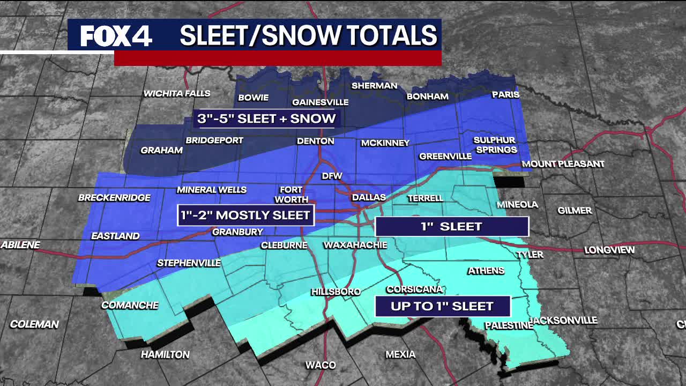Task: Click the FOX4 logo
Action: (116, 36)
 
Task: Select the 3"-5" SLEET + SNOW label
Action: (266, 119)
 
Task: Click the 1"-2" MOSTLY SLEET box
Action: (245, 216)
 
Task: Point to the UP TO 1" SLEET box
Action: (442, 307)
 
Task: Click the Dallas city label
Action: (369, 197)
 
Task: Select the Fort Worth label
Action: (292, 194)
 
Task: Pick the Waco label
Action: (320, 365)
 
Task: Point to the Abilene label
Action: (20, 245)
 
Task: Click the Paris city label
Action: (505, 95)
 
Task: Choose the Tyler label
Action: (530, 255)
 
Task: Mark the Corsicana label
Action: (415, 289)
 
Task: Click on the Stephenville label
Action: (189, 263)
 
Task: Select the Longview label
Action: (609, 250)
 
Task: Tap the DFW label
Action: (331, 176)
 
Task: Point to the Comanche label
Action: (130, 306)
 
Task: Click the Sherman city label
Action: (374, 86)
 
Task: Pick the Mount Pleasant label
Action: (563, 164)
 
